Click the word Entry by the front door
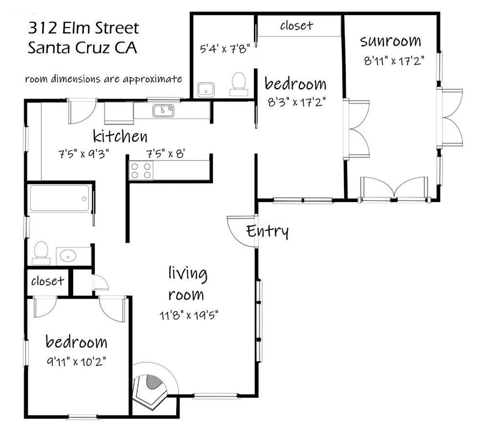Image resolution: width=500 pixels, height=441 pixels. point(267,231)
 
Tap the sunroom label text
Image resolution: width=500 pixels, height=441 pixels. point(391,41)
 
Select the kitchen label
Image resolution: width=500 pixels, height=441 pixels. point(120,136)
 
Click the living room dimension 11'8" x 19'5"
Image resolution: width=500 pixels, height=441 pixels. point(188,315)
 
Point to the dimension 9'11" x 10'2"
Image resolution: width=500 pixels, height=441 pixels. point(76,362)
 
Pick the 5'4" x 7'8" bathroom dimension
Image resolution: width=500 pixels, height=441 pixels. point(225,49)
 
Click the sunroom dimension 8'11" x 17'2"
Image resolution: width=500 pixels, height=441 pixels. point(393,61)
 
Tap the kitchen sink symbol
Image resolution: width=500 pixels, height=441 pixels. point(163,111)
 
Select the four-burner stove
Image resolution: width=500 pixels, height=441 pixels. point(141,171)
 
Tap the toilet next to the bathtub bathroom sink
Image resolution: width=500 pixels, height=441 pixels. point(41,253)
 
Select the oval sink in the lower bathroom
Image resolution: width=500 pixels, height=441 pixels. point(73,256)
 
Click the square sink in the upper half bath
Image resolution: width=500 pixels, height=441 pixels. point(206,90)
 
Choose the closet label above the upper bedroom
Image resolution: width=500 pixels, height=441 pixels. point(296,25)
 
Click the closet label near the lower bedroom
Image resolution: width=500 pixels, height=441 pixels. point(47,281)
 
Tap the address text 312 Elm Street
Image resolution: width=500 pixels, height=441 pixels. point(83,28)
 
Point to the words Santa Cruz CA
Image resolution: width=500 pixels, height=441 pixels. point(83,48)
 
